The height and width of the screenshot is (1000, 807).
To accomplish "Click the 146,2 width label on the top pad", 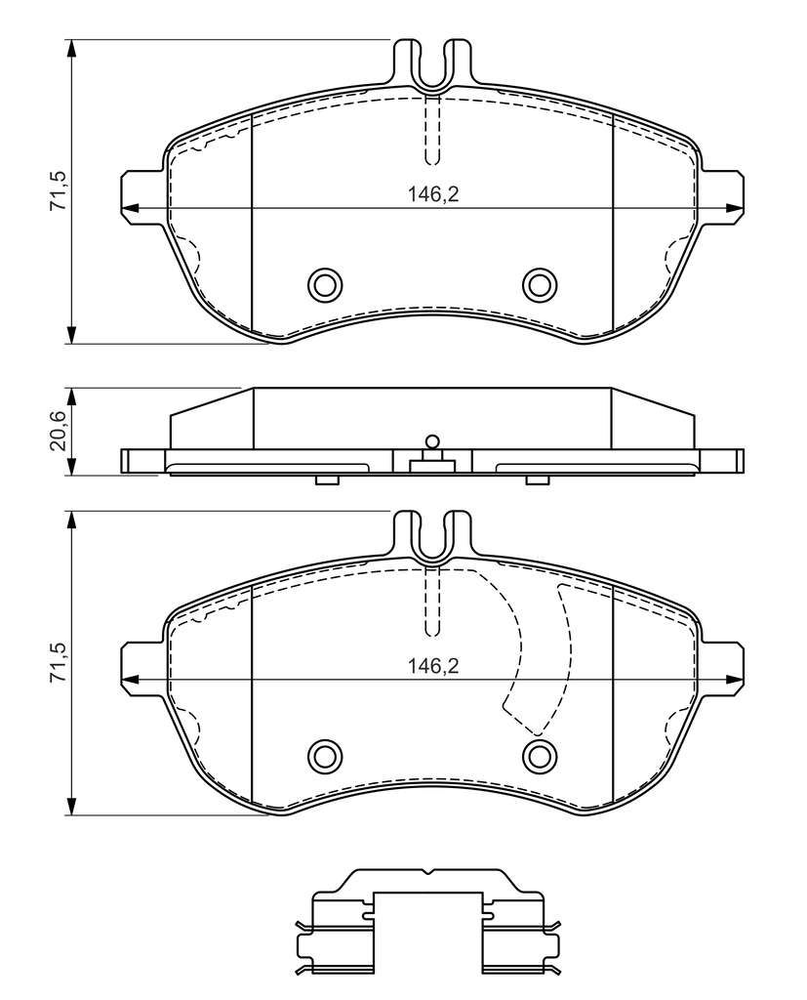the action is point(433,194).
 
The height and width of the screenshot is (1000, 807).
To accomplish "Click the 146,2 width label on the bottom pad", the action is point(433,666).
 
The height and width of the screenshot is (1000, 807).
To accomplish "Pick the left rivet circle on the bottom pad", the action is point(324,755).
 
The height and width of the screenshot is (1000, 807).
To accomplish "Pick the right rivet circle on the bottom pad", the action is point(540,755).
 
